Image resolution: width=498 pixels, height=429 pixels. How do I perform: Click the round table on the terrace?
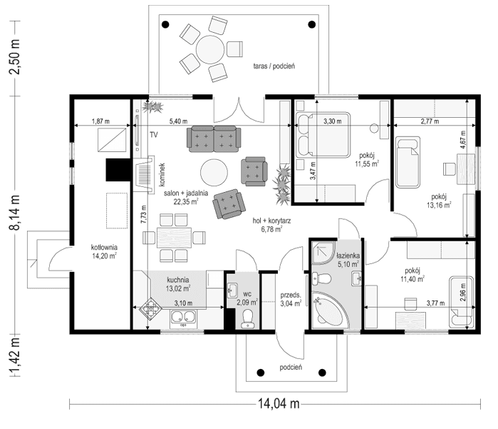pyautogui.click(x=210, y=51)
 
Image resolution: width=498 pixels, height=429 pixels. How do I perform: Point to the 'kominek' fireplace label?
pyautogui.click(x=163, y=174)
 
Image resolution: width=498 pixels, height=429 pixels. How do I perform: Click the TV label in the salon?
pyautogui.click(x=153, y=134)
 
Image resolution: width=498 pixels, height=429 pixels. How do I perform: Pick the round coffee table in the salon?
pyautogui.click(x=213, y=172)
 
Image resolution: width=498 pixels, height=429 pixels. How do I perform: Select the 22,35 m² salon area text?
pyautogui.click(x=186, y=201)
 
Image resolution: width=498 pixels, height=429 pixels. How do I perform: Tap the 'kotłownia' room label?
pyautogui.click(x=104, y=248)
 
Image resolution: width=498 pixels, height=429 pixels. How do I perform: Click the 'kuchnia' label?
pyautogui.click(x=178, y=280)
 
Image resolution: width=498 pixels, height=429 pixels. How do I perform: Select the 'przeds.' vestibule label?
pyautogui.click(x=291, y=294)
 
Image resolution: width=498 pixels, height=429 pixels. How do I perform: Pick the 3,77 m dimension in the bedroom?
pyautogui.click(x=417, y=303)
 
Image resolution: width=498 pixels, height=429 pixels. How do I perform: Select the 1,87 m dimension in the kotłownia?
pyautogui.click(x=102, y=121)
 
